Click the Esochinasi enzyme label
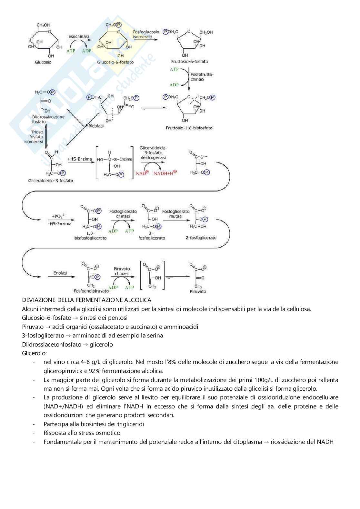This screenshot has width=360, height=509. coord(78,36)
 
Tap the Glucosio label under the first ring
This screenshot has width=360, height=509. coord(43,62)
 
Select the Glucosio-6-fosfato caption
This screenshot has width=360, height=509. coord(115,62)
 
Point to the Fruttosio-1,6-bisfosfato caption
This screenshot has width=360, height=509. coord(189,128)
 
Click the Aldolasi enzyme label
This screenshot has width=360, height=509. coord(96,126)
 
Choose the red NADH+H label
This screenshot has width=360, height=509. coord(165,173)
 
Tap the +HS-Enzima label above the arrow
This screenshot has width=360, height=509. coord(79,159)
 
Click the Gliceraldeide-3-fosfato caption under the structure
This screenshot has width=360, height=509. coord(51,181)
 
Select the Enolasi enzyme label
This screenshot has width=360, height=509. coord(60,273)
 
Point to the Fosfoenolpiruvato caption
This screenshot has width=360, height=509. coord(91,291)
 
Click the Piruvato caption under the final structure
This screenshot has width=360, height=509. coord(198,291)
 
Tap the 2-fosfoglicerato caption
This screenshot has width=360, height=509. coord(201,238)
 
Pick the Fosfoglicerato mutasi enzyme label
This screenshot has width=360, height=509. coord(176,214)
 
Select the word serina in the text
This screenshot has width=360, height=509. coord(154,335)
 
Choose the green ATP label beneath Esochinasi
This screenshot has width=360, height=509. coord(71,51)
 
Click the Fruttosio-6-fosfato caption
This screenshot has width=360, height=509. coord(190,62)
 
